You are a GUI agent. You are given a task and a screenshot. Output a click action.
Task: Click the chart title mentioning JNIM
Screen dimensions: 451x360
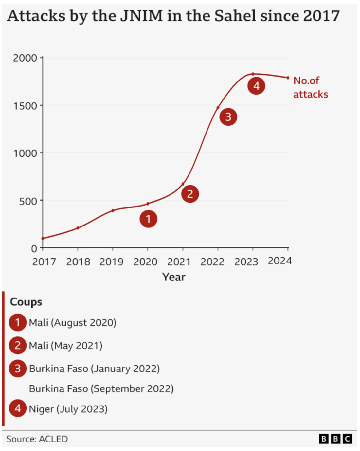point(173,16)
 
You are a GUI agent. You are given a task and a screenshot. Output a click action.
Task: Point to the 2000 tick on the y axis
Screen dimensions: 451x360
point(25,58)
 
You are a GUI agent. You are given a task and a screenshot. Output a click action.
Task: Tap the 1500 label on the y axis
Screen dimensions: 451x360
point(25,106)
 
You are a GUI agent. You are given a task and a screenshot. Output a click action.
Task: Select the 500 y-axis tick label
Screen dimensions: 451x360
point(28,201)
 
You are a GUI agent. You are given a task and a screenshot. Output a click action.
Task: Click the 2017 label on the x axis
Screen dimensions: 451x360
point(44,262)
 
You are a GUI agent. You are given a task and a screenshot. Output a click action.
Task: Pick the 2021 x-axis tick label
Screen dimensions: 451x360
point(179,262)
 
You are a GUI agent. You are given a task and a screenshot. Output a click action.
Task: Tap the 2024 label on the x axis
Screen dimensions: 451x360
point(279,261)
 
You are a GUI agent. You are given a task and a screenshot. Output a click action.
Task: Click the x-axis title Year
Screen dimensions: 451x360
point(174,277)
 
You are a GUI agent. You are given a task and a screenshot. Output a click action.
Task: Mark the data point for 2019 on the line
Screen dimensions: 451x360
point(113,210)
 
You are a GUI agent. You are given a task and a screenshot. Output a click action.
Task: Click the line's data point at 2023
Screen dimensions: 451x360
point(253,74)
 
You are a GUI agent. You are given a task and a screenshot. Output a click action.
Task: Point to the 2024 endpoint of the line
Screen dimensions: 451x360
point(288,78)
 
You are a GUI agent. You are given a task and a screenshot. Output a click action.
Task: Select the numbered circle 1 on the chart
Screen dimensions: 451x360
point(148,219)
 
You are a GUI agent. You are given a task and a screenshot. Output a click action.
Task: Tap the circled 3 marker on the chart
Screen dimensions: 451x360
point(228,117)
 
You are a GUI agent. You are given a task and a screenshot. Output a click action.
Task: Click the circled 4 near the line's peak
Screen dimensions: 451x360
point(256,86)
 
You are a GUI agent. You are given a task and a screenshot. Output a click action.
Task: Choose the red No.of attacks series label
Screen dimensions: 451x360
point(310,87)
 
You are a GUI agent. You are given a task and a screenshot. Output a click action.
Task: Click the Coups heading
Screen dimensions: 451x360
point(26,302)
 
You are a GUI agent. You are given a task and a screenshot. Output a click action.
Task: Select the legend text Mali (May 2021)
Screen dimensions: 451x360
point(65,346)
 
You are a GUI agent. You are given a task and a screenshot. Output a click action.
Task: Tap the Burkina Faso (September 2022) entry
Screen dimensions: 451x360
point(101,389)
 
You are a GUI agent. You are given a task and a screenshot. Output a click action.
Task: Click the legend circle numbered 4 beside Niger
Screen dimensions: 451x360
point(18,408)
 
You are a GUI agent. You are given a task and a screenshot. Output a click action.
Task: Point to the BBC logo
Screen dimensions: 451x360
point(335,439)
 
